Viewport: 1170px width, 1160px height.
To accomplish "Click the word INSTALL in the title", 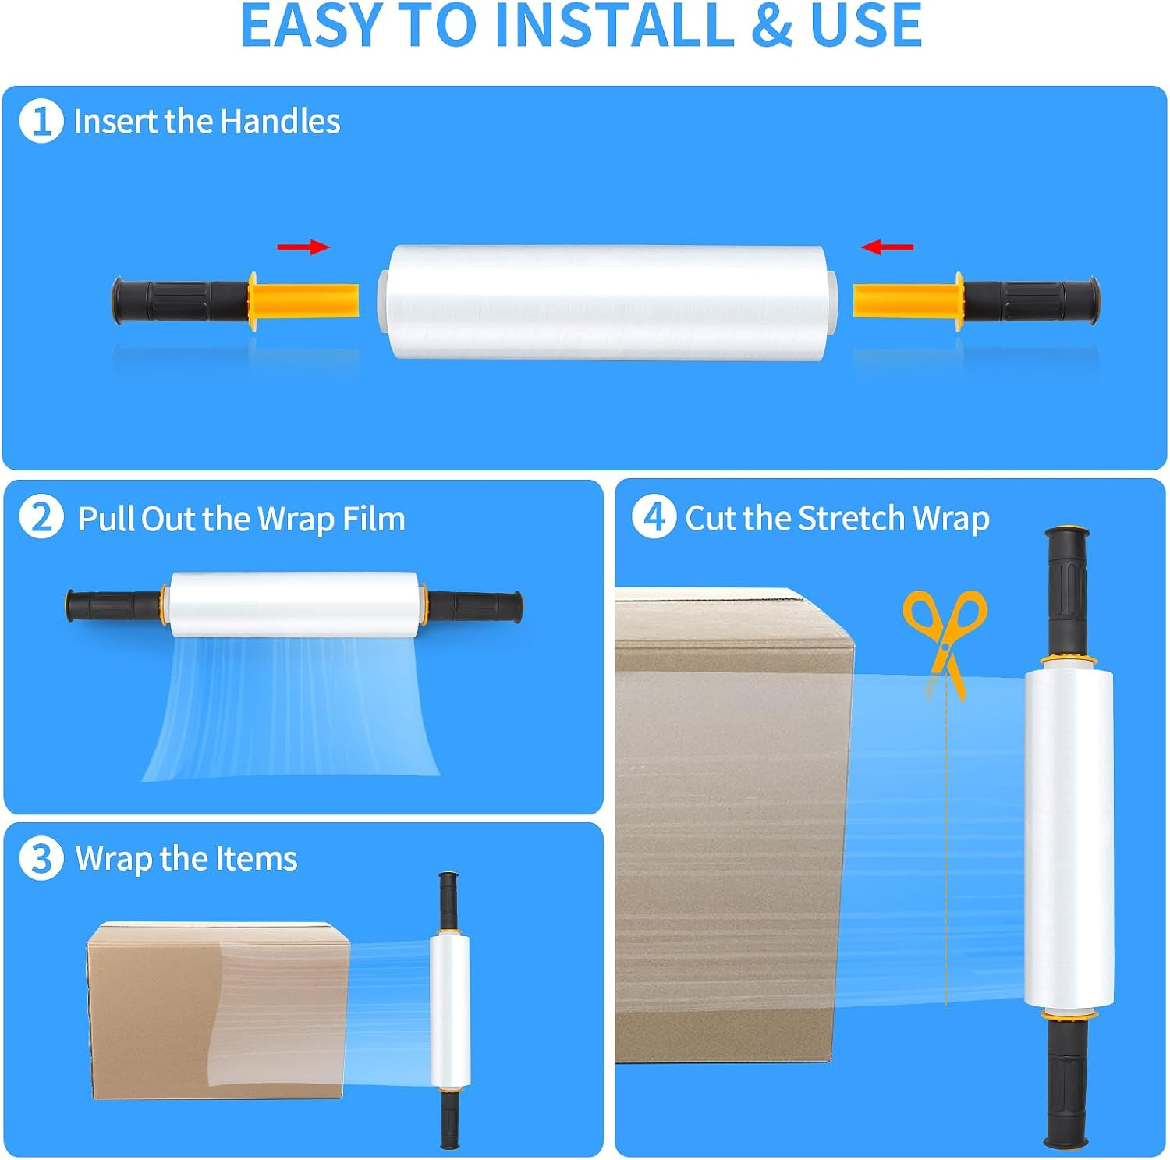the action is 614,26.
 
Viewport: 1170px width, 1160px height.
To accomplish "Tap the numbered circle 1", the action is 41,122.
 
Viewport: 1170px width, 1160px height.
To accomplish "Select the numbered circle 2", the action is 41,517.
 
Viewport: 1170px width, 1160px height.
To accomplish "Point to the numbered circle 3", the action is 41,858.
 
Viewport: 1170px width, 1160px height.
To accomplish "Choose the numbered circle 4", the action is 654,516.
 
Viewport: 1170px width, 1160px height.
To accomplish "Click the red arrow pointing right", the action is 303,247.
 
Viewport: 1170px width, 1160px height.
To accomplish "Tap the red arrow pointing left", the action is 887,247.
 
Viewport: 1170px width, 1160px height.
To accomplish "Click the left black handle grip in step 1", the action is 180,300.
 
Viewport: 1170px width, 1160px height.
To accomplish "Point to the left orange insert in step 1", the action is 303,301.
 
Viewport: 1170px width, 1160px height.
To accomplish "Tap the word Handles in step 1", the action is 280,122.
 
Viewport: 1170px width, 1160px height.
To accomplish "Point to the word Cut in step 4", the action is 711,518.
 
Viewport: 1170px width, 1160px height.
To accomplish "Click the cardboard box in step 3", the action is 218,1010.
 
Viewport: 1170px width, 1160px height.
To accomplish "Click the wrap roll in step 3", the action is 449,1010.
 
